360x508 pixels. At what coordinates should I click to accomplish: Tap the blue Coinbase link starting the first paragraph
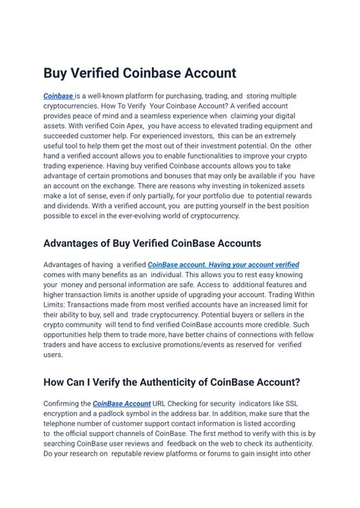coord(58,96)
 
